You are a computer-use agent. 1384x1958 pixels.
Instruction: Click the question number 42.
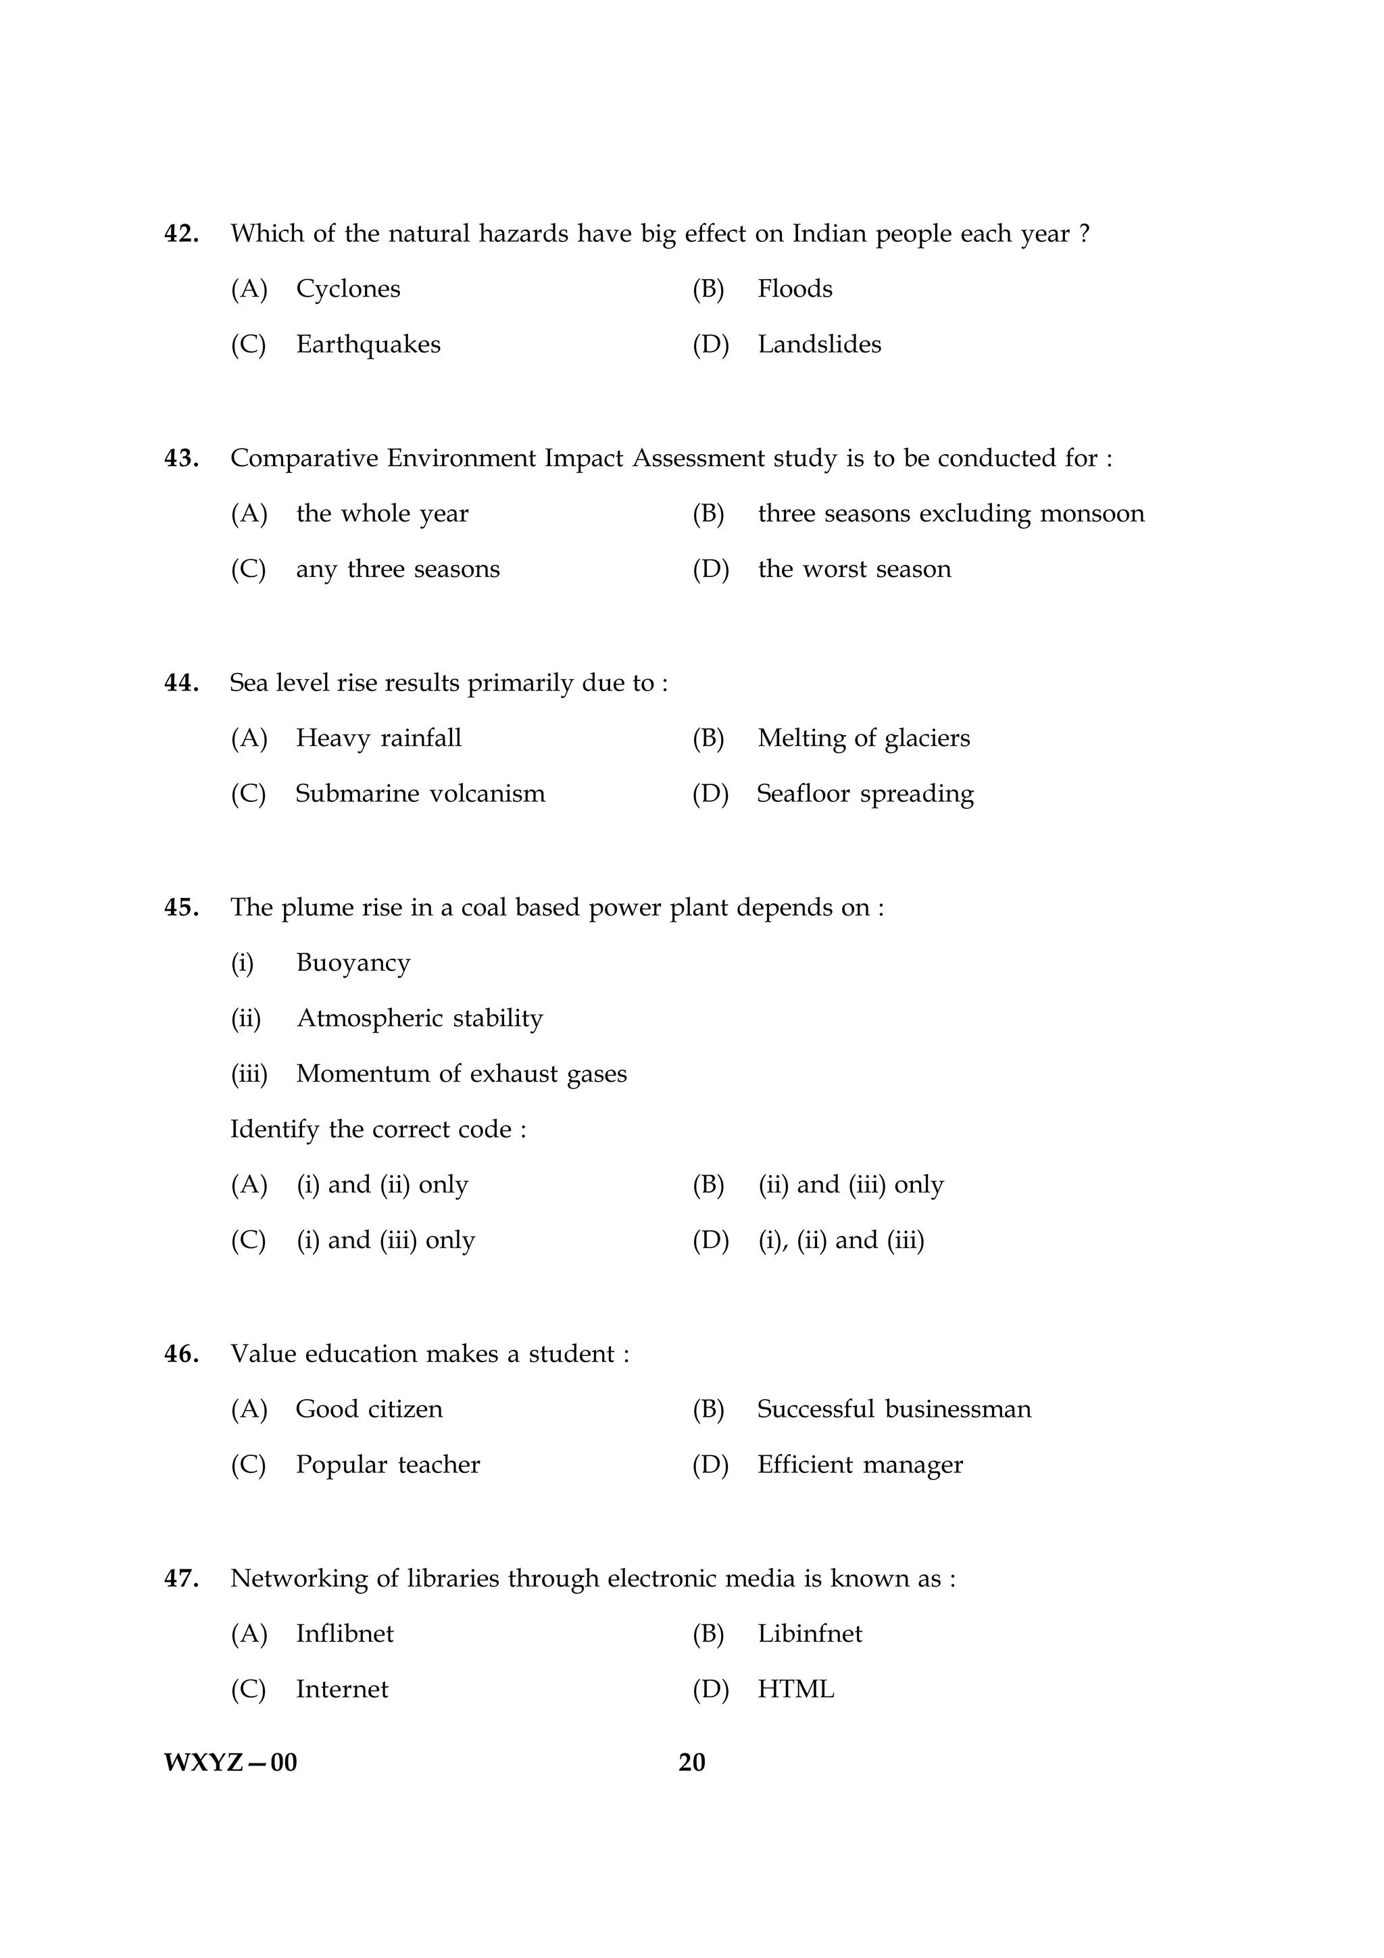pos(181,234)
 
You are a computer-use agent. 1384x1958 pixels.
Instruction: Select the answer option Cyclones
pos(348,289)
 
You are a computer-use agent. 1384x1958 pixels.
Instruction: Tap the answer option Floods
pos(795,289)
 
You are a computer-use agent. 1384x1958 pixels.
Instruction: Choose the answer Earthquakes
pos(368,345)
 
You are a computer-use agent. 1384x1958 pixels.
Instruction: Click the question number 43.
pos(181,459)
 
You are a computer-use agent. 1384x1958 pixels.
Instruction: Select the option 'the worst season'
pos(854,569)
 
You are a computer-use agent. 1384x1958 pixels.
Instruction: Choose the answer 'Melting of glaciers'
pos(864,738)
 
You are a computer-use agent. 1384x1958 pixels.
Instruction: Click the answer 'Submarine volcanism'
pos(420,794)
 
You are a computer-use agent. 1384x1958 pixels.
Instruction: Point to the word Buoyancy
pos(353,963)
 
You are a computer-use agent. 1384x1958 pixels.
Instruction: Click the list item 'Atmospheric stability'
pos(420,1018)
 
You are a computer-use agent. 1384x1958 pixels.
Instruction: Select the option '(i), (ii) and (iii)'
pos(841,1240)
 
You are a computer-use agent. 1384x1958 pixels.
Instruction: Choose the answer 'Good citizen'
pos(369,1409)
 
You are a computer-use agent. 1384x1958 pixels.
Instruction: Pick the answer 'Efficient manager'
pos(860,1465)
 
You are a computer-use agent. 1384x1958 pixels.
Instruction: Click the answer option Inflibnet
pos(345,1634)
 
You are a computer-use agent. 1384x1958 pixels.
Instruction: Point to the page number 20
pos(691,1762)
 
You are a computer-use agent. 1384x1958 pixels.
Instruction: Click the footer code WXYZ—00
pos(230,1762)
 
